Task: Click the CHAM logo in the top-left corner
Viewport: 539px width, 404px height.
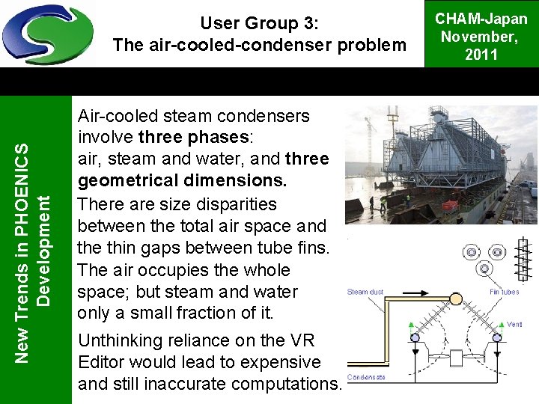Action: (47, 34)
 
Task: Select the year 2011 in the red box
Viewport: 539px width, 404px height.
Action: (481, 54)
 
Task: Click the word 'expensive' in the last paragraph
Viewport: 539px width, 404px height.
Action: (279, 362)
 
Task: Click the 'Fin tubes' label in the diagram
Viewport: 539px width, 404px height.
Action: (505, 292)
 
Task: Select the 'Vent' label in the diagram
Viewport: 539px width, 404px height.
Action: (516, 325)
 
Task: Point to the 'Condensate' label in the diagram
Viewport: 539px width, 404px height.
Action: (367, 378)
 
